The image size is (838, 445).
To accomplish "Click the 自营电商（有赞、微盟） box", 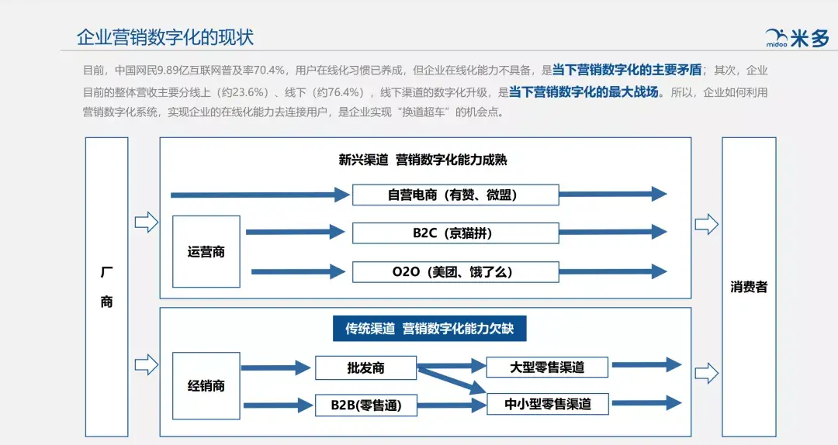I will click(x=455, y=195).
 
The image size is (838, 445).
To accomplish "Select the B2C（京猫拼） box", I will click(x=455, y=233).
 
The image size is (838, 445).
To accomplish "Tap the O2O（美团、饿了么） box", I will click(x=455, y=272).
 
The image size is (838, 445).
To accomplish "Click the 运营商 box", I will click(x=206, y=252).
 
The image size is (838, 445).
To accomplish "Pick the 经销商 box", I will click(x=206, y=385).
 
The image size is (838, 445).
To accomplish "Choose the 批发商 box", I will click(x=365, y=368).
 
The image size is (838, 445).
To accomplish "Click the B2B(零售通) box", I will click(x=365, y=405).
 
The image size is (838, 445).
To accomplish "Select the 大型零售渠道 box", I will click(x=547, y=367).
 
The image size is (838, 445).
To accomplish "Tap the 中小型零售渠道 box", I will click(x=547, y=404).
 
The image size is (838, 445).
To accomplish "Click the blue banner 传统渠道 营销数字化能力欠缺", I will click(x=429, y=329).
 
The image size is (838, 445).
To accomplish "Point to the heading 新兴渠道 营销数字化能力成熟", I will click(x=423, y=160).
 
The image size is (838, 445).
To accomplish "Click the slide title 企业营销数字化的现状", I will click(x=165, y=36).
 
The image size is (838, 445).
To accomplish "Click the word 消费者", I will click(x=749, y=287).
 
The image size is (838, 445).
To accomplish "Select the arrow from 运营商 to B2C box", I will click(x=295, y=232).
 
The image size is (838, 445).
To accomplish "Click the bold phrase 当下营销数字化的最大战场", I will click(x=583, y=91).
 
